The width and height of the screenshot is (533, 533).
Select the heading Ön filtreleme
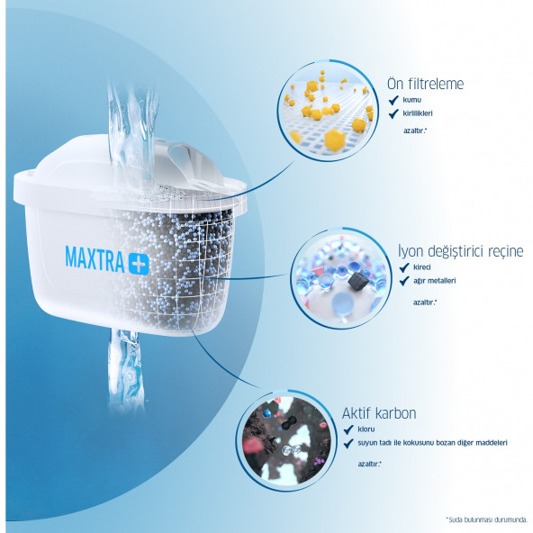(425, 85)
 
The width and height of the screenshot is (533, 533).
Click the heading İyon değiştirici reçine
(461, 250)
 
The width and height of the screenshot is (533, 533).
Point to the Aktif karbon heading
(379, 413)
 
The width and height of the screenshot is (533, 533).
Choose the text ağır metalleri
(436, 281)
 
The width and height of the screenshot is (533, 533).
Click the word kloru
(367, 429)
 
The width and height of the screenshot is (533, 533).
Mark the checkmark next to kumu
(393, 101)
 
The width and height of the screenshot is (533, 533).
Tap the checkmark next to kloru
(348, 429)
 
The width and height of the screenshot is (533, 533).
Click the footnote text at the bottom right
(485, 519)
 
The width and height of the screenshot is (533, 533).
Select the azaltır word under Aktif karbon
(369, 464)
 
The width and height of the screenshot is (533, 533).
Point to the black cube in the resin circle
(355, 283)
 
